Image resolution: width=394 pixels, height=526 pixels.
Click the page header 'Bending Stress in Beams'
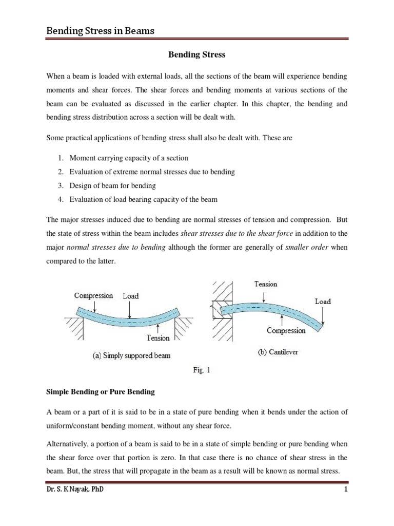101,31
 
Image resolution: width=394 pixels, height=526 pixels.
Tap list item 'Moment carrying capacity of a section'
129,158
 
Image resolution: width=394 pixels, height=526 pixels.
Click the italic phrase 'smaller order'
308,248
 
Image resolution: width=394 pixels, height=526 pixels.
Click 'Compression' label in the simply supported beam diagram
93,295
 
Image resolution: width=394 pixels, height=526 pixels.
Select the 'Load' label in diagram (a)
130,296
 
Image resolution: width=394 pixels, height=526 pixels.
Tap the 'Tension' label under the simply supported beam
158,338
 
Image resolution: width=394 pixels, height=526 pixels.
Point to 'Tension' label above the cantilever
265,284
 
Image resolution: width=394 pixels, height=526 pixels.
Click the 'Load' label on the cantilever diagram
323,301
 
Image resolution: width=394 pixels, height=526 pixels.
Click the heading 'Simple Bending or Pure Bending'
100,391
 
